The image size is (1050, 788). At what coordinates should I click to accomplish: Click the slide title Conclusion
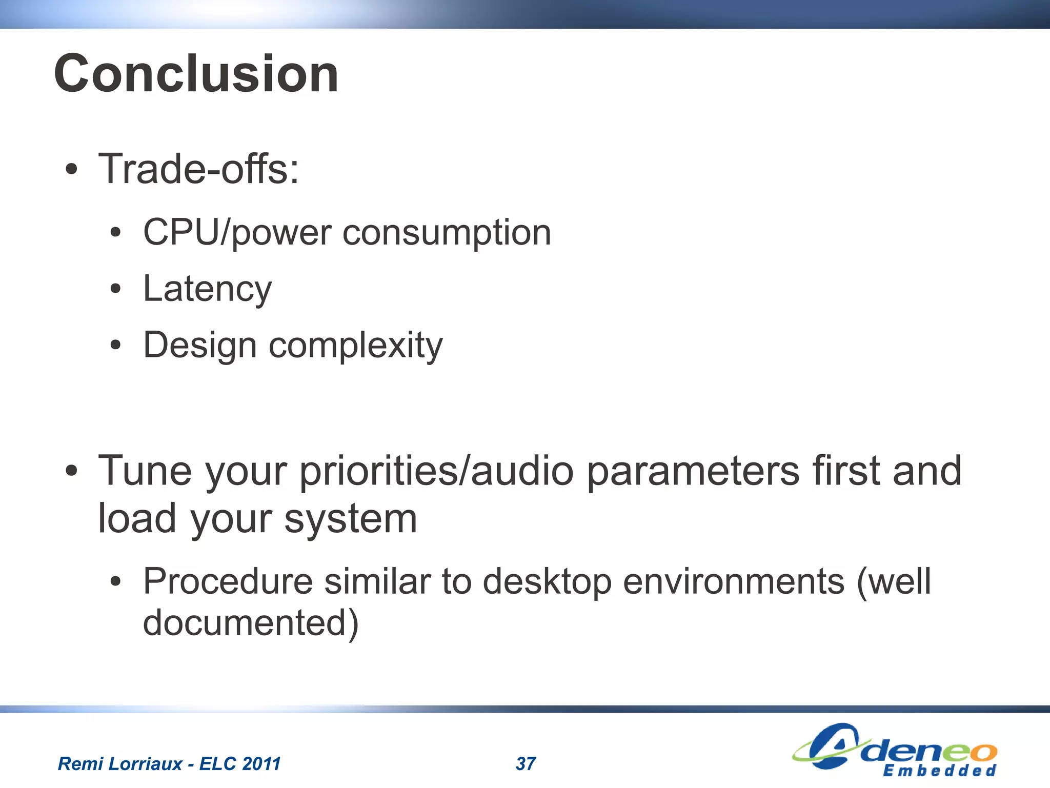[196, 74]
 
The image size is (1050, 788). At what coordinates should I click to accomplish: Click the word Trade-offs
[198, 169]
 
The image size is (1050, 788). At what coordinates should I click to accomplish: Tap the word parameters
[693, 471]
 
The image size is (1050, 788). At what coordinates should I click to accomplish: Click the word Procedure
[228, 582]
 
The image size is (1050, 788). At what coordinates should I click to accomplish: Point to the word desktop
[547, 582]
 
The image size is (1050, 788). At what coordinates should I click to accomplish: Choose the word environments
[734, 582]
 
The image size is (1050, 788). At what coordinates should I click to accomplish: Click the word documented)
[251, 623]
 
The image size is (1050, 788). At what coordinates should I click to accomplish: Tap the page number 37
[526, 764]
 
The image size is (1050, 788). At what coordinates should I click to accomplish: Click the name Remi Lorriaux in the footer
[119, 764]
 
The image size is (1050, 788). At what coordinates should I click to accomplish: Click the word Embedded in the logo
[939, 771]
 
